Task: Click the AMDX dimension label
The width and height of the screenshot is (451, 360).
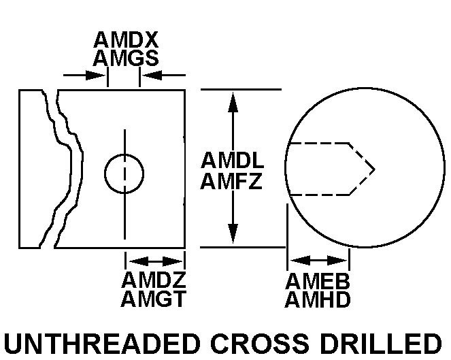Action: coord(126,39)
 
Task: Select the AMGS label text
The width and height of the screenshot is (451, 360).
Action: coord(126,58)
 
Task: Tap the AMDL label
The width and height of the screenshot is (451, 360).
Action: coord(233,160)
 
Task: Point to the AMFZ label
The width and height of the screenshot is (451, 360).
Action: coord(231,181)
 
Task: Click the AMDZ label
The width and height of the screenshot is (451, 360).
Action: coord(154,280)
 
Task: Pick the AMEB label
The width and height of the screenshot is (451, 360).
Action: coord(318,281)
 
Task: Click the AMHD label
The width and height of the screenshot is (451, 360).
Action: coord(318,299)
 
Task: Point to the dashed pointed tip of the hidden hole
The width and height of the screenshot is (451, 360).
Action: coord(375,169)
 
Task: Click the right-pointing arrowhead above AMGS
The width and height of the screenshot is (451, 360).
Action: coord(96,76)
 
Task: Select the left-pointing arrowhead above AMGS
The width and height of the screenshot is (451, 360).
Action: coord(152,76)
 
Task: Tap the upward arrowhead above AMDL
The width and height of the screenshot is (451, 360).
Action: coord(233,102)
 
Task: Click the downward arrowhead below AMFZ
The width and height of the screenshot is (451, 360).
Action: coord(233,233)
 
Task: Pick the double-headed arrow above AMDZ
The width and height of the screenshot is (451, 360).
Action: coord(155,261)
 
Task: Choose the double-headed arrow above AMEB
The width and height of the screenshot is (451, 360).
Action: coord(318,261)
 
